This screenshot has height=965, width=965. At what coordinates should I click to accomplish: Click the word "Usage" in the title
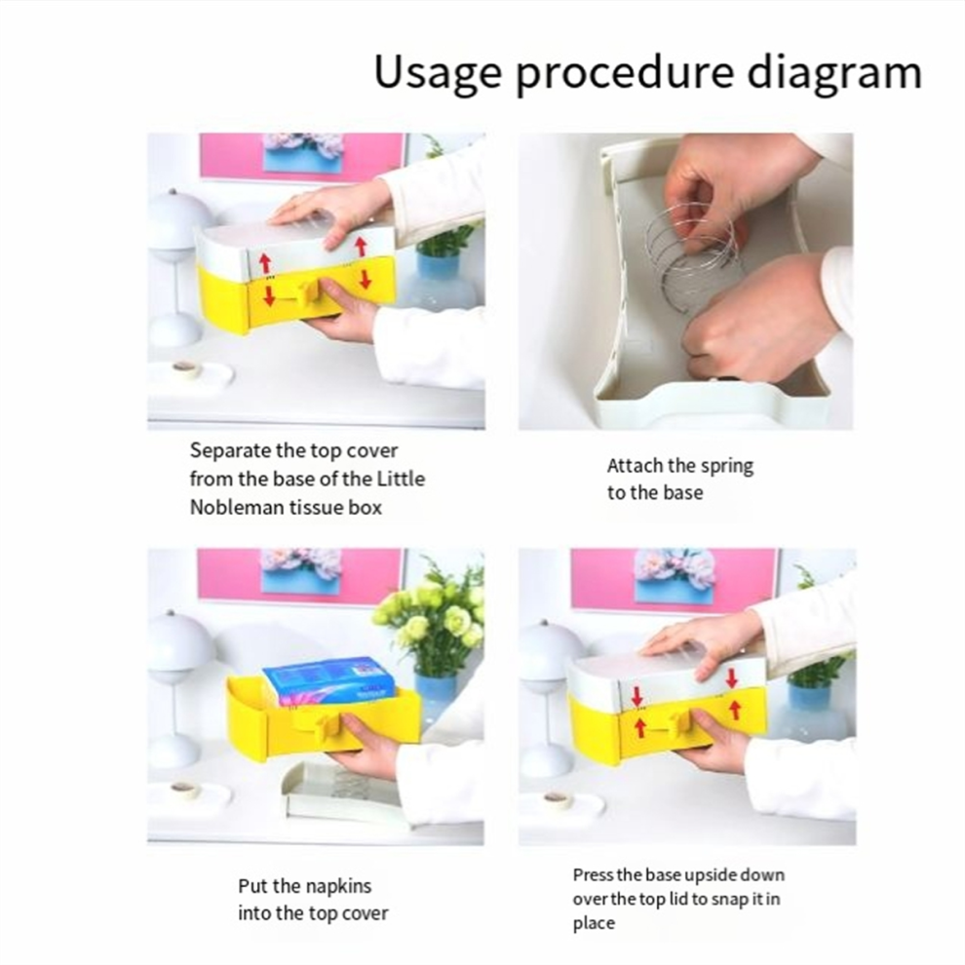pos(436,72)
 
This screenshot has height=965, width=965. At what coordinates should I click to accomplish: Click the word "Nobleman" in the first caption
pos(235,507)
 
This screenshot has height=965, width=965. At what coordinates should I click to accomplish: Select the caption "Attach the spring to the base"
pos(679,479)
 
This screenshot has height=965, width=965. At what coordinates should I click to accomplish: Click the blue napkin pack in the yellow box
pos(328,680)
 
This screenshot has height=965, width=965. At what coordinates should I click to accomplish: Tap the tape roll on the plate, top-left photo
pos(185,368)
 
